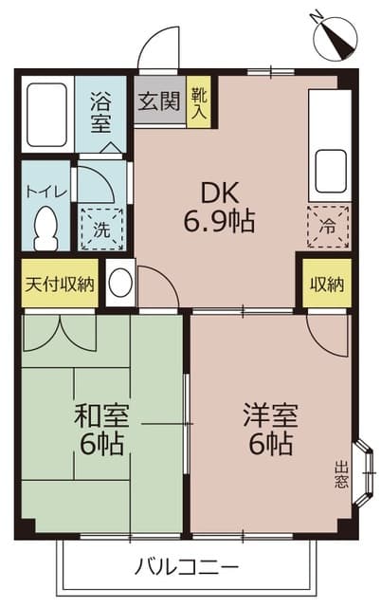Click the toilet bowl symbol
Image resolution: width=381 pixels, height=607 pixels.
45,226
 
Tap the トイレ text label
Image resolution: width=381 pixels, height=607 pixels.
45,191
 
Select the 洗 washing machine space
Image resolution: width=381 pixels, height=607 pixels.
100,229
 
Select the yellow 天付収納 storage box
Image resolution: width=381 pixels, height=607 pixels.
59,284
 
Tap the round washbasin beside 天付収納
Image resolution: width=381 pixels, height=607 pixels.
120,284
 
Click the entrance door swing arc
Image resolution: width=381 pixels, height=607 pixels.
159,47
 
